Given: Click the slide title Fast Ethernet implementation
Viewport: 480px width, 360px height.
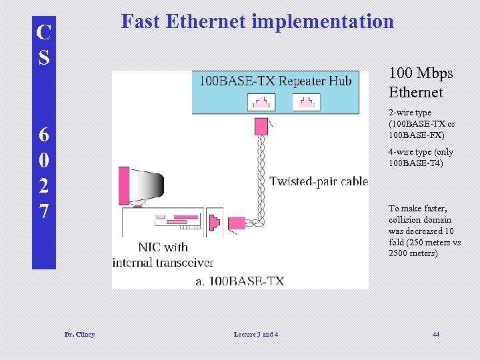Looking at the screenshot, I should pyautogui.click(x=257, y=21).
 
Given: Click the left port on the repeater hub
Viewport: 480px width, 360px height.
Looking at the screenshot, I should pyautogui.click(x=261, y=102).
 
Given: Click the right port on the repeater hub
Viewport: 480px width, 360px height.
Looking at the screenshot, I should pyautogui.click(x=306, y=102).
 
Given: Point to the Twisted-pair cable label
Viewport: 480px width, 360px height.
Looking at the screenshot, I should pyautogui.click(x=319, y=181).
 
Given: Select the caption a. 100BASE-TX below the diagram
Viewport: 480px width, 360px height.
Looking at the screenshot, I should pyautogui.click(x=239, y=281).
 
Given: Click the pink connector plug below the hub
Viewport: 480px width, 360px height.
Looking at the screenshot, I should pyautogui.click(x=260, y=126).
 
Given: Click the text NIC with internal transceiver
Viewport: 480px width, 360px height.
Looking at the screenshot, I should pyautogui.click(x=163, y=255).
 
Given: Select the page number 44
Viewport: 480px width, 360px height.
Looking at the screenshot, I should pyautogui.click(x=435, y=334).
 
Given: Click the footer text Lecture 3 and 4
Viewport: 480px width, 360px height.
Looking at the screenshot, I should pyautogui.click(x=257, y=334).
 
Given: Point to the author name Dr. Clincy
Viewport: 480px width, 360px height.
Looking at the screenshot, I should pyautogui.click(x=79, y=334).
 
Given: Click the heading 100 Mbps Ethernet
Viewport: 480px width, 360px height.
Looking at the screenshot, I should pyautogui.click(x=421, y=82).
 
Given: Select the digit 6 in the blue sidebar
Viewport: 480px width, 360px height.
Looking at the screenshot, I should pyautogui.click(x=43, y=134).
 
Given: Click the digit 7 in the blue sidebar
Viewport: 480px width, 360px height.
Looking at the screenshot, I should pyautogui.click(x=43, y=212).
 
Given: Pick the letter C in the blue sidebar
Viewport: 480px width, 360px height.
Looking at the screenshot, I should pyautogui.click(x=43, y=31).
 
